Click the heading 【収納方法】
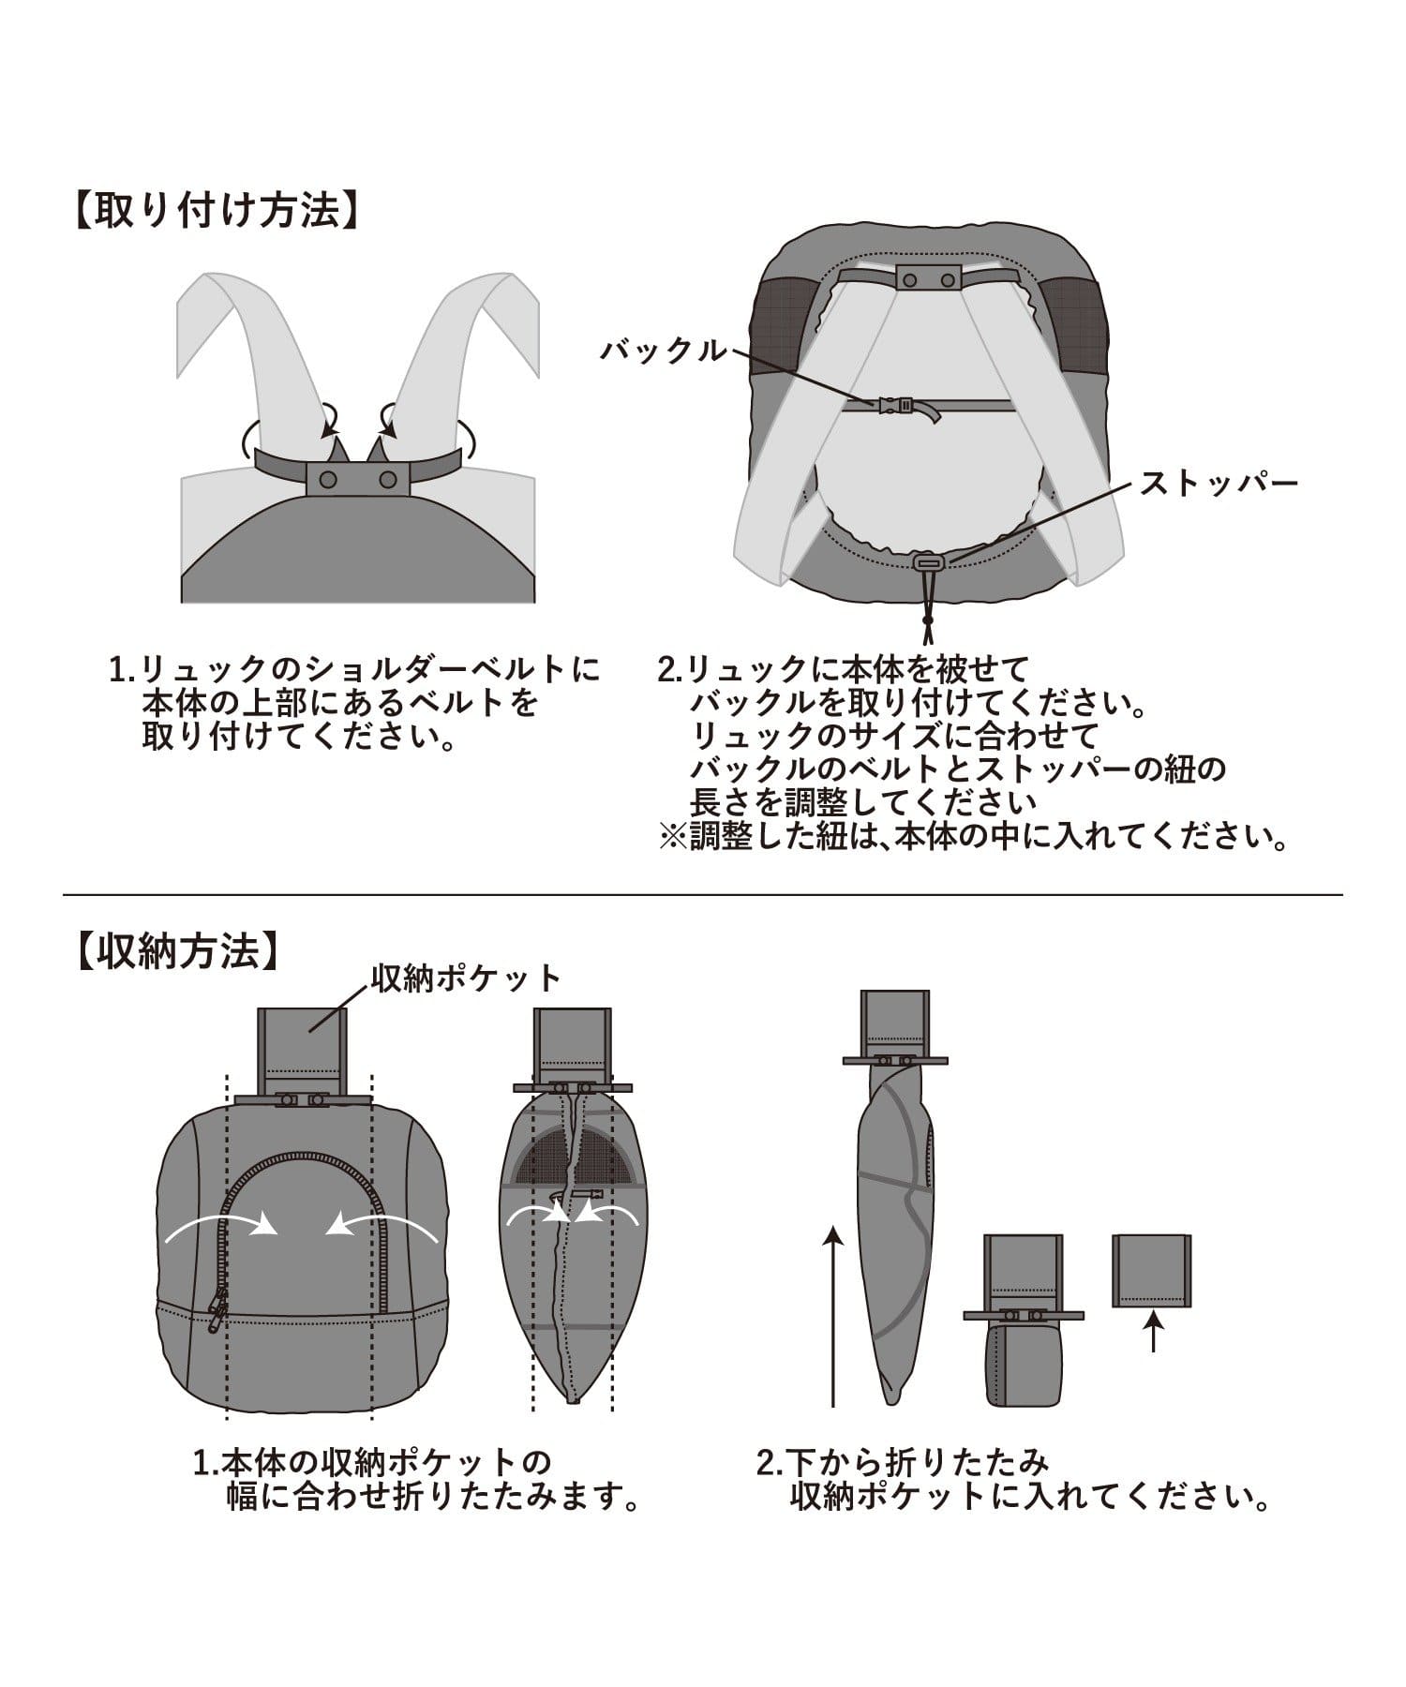point(177,950)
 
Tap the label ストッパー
point(1218,484)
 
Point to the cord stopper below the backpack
point(927,561)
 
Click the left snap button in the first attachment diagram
point(328,480)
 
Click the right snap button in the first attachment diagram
point(387,480)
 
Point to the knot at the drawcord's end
point(927,620)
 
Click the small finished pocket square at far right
point(1152,1270)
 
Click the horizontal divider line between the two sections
point(703,895)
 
